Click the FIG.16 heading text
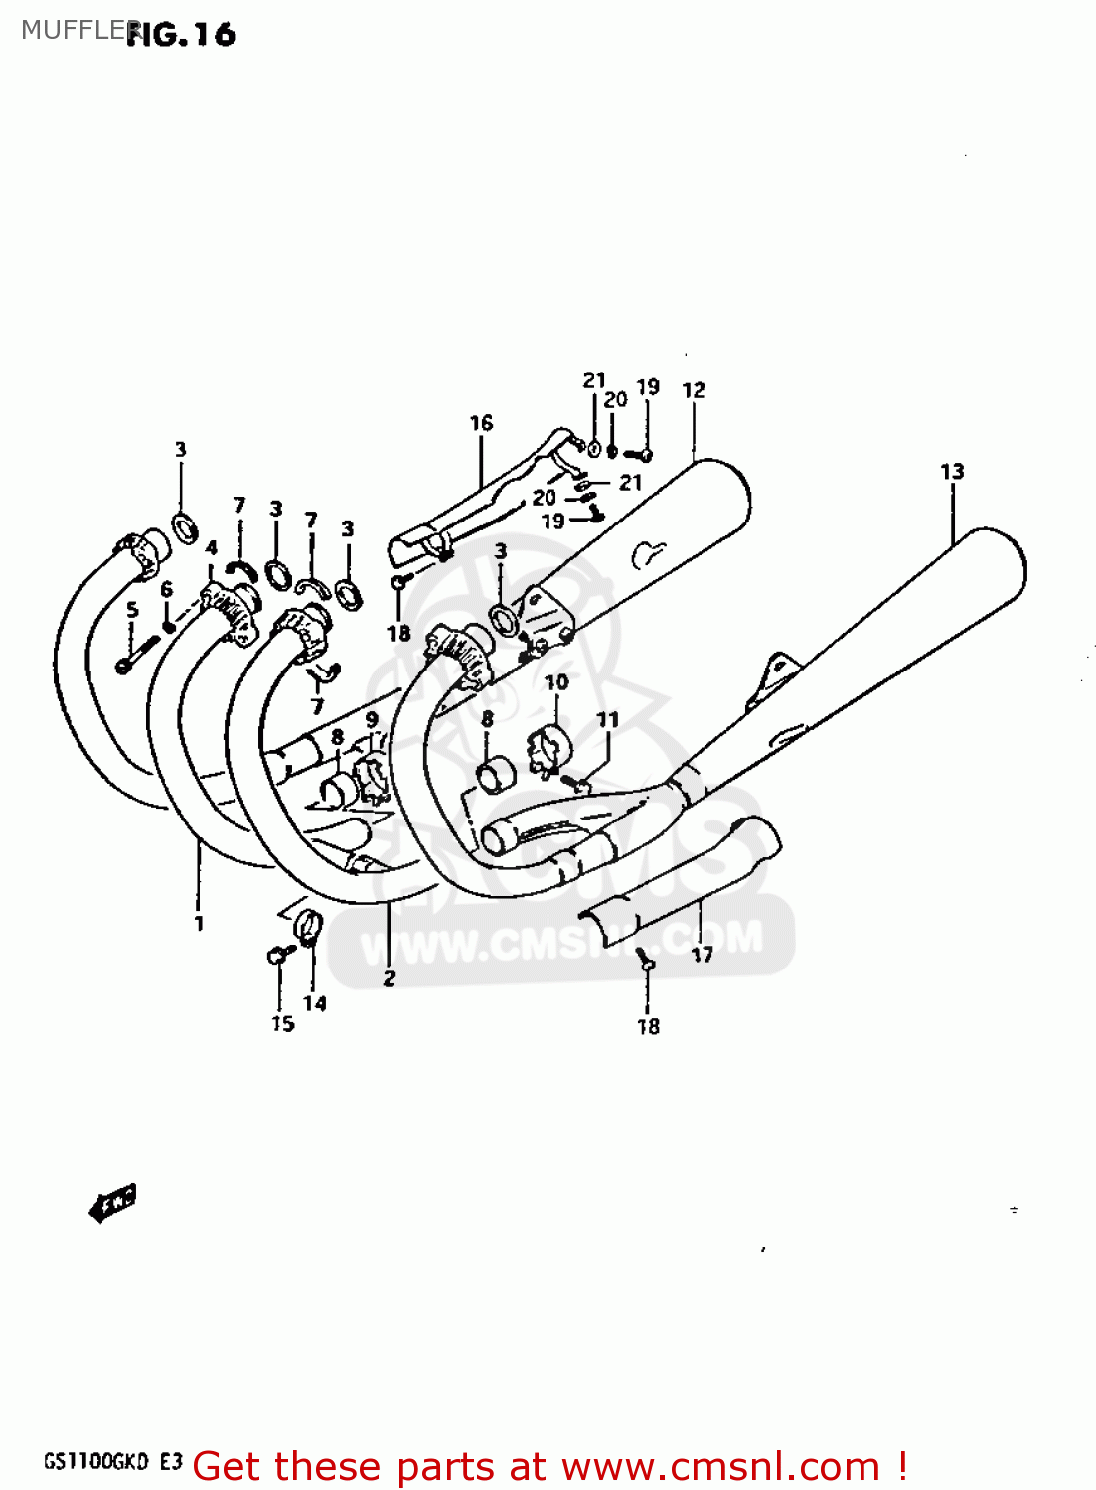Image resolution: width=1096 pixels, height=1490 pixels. tap(182, 35)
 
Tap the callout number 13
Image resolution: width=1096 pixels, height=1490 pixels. tap(952, 472)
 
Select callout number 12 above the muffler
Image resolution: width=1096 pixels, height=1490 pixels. tap(694, 390)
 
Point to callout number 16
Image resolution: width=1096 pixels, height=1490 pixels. tap(481, 423)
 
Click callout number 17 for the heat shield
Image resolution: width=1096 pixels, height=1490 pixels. tap(703, 955)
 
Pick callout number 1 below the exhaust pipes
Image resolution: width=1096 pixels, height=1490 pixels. tap(199, 923)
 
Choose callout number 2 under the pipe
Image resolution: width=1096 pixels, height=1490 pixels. tap(389, 978)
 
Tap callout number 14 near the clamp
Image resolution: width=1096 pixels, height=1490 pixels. tap(315, 1003)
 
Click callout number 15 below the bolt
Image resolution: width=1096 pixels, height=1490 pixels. tap(283, 1023)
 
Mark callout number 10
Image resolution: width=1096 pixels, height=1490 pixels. tap(556, 682)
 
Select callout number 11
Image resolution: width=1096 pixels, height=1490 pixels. tap(607, 719)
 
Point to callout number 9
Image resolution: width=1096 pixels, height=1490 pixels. tap(372, 719)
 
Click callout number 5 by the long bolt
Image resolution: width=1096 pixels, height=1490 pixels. tap(132, 610)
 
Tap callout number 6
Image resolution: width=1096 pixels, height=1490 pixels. tap(166, 589)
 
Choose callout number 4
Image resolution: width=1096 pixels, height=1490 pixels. tap(211, 548)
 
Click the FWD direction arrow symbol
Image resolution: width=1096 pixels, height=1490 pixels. tap(111, 1203)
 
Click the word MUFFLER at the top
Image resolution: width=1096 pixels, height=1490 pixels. tap(70, 30)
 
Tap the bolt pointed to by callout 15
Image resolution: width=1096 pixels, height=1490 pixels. tap(277, 956)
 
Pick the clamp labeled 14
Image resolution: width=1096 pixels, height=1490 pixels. tap(309, 926)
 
